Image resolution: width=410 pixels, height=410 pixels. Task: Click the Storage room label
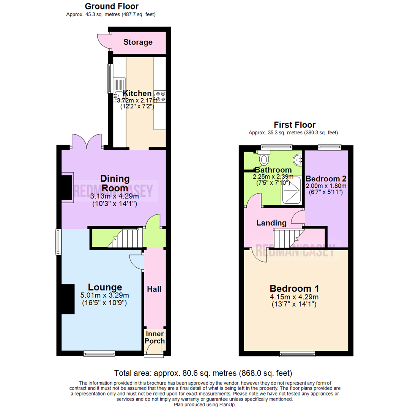pyautogui.click(x=138, y=42)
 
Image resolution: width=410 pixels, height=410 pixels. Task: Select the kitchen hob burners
pyautogui.click(x=160, y=96)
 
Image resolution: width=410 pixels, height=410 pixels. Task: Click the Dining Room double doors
pyautogui.click(x=87, y=142)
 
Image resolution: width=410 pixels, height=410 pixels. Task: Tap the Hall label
pyautogui.click(x=154, y=289)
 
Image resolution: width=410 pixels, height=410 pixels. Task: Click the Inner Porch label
pyautogui.click(x=155, y=337)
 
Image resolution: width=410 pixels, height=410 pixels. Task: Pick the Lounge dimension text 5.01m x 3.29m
pyautogui.click(x=104, y=295)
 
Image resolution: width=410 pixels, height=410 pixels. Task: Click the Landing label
pyautogui.click(x=271, y=222)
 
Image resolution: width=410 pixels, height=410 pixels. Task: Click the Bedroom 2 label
pyautogui.click(x=326, y=179)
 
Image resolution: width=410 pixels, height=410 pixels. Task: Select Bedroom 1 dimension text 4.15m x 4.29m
pyautogui.click(x=294, y=296)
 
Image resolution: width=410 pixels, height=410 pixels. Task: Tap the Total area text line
pyautogui.click(x=203, y=373)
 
